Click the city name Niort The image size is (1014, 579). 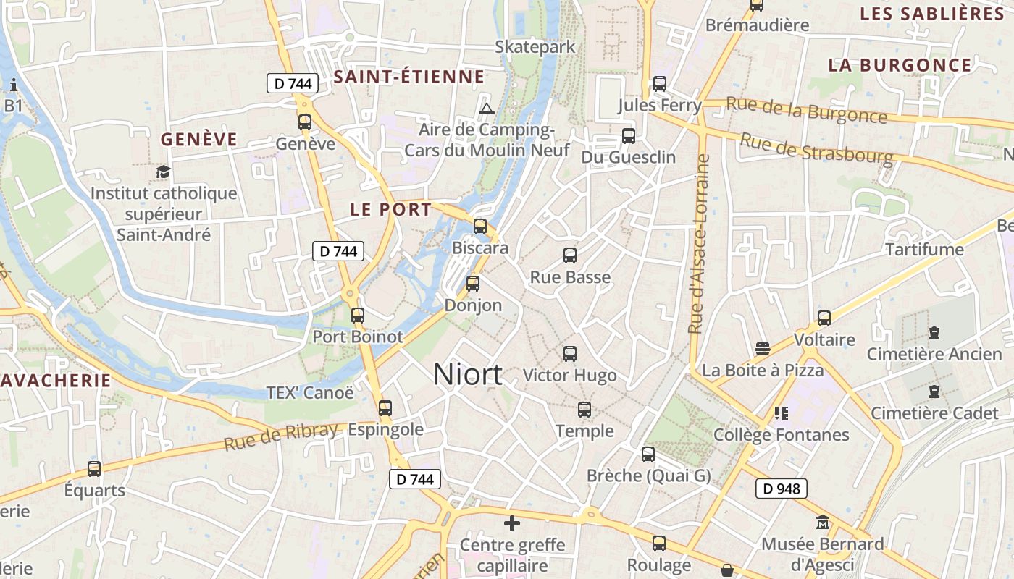pyautogui.click(x=468, y=374)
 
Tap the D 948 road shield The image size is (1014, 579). pyautogui.click(x=782, y=489)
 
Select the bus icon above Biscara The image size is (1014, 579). pyautogui.click(x=479, y=227)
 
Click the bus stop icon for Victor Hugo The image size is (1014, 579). pyautogui.click(x=570, y=354)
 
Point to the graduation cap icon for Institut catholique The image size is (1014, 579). pyautogui.click(x=163, y=172)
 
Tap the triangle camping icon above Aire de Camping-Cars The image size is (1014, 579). pyautogui.click(x=487, y=109)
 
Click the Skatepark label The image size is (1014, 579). pyautogui.click(x=535, y=47)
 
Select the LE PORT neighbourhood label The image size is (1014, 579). pyautogui.click(x=391, y=210)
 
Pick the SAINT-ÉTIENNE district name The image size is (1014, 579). pyautogui.click(x=409, y=77)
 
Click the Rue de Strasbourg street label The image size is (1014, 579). pyautogui.click(x=816, y=149)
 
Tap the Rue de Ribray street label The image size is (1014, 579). pyautogui.click(x=281, y=436)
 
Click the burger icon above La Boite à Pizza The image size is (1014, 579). pyautogui.click(x=762, y=349)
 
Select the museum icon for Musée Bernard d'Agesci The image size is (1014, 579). pyautogui.click(x=823, y=522)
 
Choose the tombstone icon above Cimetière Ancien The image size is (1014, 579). pyautogui.click(x=934, y=334)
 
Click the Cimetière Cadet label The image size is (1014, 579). pyautogui.click(x=934, y=413)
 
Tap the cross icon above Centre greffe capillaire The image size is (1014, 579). pyautogui.click(x=512, y=523)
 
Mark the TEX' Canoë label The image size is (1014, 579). pyautogui.click(x=311, y=392)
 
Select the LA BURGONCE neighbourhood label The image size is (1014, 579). pyautogui.click(x=900, y=65)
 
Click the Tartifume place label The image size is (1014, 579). pyautogui.click(x=925, y=250)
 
